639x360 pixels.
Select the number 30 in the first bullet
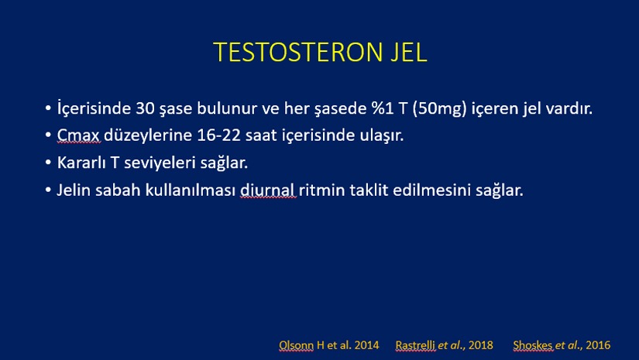click(145, 108)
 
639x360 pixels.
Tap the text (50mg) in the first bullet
click(439, 108)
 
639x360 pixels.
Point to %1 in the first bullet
click(381, 108)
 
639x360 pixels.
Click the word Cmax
click(78, 135)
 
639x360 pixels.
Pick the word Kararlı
click(81, 163)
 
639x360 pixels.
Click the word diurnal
click(267, 190)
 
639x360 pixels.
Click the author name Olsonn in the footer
click(297, 345)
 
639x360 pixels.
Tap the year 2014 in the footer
click(367, 345)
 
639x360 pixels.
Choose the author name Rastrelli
click(415, 345)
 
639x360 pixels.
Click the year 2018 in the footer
click(481, 345)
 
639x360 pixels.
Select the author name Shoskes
click(533, 345)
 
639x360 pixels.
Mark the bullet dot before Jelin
click(48, 190)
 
